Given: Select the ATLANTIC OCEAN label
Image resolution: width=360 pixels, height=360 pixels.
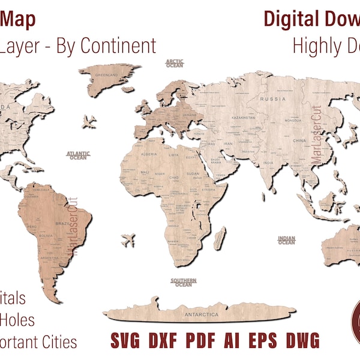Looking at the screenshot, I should pos(78,155).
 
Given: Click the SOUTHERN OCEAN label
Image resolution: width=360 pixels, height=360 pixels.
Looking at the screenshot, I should pos(183,282).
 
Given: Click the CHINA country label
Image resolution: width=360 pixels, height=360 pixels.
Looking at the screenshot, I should pos(299,141).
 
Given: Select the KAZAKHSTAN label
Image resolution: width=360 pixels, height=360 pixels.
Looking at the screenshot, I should pos(244,118).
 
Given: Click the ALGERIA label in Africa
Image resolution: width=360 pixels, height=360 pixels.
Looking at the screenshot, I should pos(148,154).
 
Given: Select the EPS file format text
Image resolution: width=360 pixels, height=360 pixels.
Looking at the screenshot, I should pos(266,341).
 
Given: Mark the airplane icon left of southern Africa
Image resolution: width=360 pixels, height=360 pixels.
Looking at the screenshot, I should pos(128,241).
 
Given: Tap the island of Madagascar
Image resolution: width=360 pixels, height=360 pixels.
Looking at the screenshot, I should pos(221,233).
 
